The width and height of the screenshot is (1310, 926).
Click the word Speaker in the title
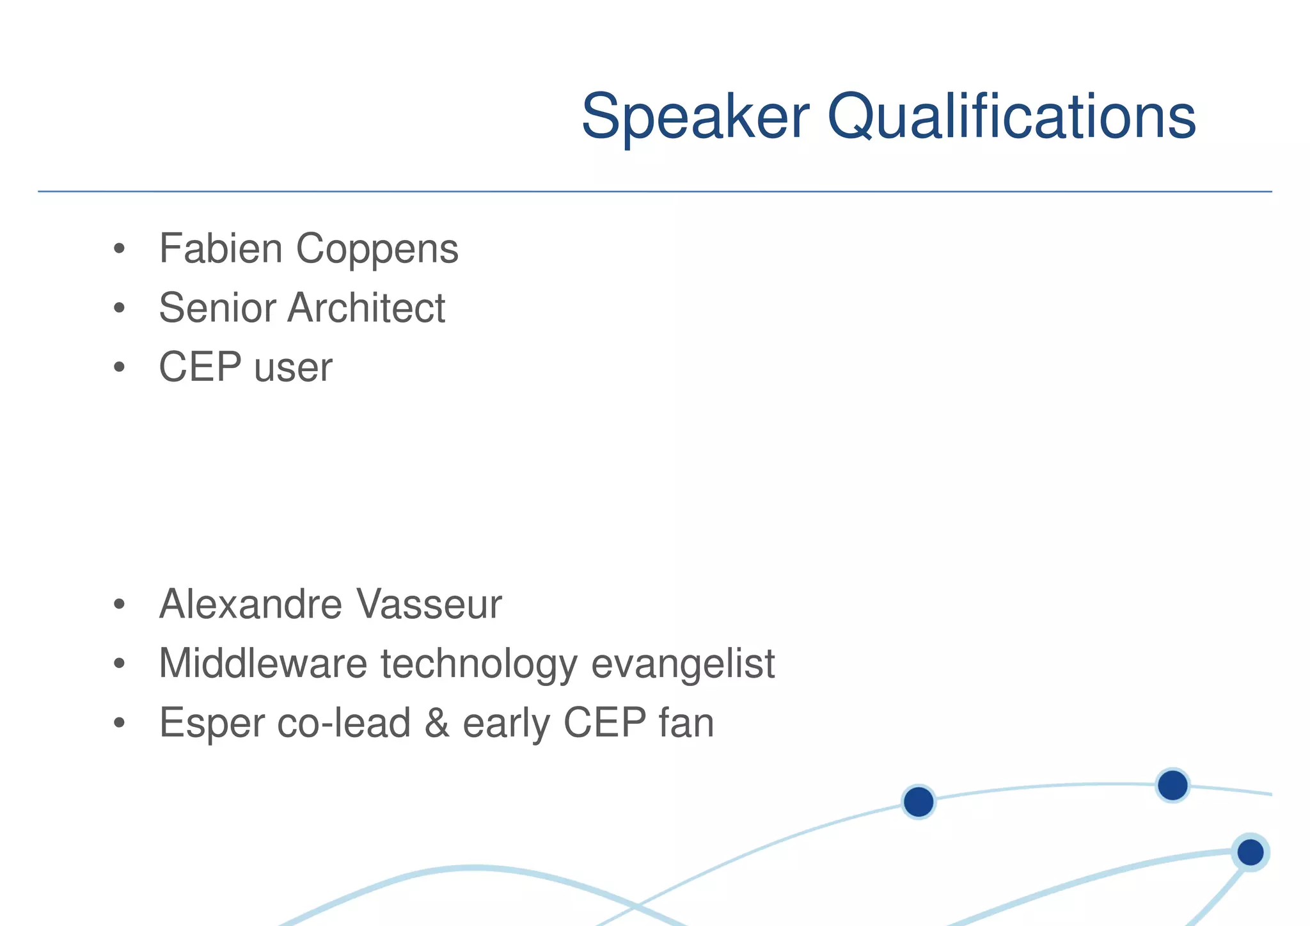[x=695, y=117]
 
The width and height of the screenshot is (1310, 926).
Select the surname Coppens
[x=377, y=250]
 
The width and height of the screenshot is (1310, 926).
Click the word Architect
[x=366, y=308]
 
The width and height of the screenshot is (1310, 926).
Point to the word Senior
[x=217, y=308]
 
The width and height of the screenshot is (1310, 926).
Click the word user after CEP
[x=293, y=369]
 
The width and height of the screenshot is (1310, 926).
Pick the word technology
[x=479, y=664]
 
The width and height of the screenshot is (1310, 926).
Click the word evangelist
[x=683, y=664]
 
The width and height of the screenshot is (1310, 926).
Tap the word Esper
[x=211, y=723]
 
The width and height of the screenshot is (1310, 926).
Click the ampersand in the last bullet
[x=436, y=723]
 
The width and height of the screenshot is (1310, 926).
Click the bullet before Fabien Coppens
[x=119, y=250]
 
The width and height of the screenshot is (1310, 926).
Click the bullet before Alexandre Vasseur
[x=119, y=605]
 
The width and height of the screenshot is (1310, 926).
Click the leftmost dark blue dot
[x=919, y=802]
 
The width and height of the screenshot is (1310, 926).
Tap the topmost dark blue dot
[x=1172, y=785]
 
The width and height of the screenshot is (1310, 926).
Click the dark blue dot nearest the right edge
[x=1251, y=852]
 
